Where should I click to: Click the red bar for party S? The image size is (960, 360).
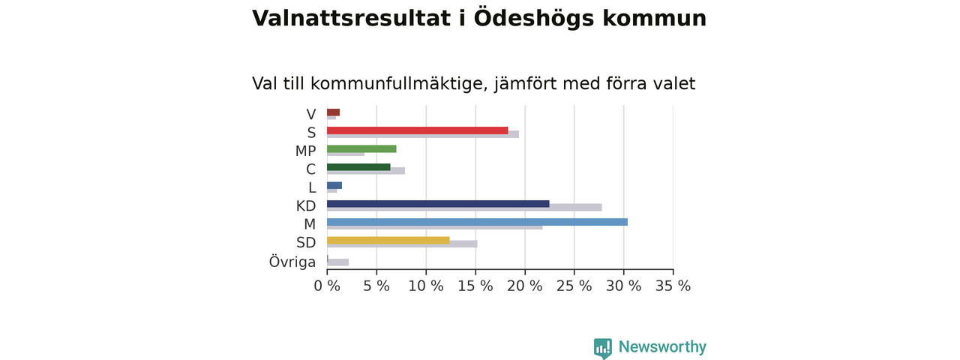coord(418,130)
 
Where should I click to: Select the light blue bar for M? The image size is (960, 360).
coord(477,222)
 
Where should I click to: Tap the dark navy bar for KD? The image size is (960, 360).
coord(438,203)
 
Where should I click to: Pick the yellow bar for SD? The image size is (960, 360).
coord(388,241)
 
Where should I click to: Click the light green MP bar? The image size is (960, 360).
coord(361,148)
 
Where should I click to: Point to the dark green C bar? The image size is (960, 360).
coord(358,167)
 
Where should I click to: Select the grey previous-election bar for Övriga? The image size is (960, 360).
coord(337,262)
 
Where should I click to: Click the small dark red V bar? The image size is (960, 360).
coord(334,112)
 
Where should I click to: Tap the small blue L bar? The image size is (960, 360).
coord(334,185)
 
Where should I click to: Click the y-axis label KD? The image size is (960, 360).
coord(306,206)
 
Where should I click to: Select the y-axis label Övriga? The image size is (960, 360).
coord(292,262)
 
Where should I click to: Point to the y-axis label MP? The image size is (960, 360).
coord(305,151)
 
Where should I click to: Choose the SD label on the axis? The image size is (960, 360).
coord(306,242)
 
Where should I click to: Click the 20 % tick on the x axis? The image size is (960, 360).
coord(524,286)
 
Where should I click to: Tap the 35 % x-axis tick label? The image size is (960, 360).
coord(673,286)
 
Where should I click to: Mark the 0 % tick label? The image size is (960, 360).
coord(327,286)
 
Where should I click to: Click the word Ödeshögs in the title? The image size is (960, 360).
coord(534,18)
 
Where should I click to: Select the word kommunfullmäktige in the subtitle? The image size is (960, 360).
coord(400,83)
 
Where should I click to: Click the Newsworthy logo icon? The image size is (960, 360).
coord(602,348)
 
